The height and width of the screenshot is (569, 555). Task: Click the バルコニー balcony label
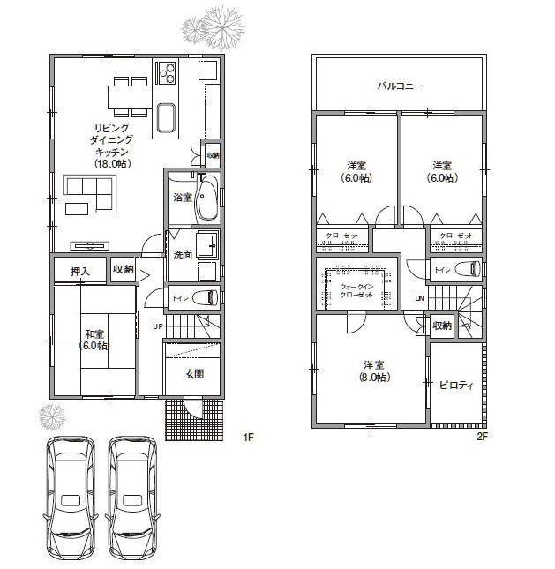pos(400,86)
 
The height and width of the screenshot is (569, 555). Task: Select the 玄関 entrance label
pos(194,374)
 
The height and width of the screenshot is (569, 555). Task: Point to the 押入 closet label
pos(80,271)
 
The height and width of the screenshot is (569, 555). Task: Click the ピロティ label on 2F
pos(455,385)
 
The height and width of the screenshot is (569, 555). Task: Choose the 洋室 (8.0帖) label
pos(376,371)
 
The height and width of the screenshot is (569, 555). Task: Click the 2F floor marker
pos(482,437)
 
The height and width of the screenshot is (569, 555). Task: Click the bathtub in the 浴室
pos(207,199)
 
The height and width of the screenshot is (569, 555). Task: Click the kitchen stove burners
pos(167,71)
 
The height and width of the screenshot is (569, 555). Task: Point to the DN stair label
pos(419,298)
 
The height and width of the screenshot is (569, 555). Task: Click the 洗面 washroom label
pos(182,255)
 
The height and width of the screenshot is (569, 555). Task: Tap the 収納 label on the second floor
pos(442,326)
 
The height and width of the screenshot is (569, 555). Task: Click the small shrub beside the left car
pos(50,414)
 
